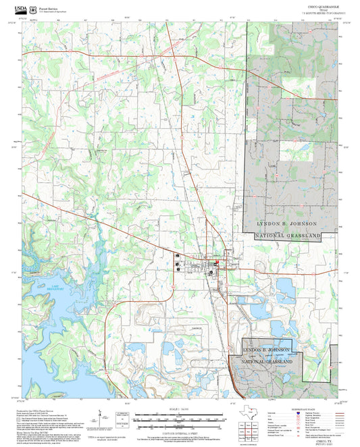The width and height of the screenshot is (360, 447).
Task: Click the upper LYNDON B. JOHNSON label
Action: click(289, 223)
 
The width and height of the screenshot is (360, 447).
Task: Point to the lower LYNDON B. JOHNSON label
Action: click(267, 350)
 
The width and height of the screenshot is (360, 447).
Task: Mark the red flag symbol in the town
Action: click(217, 262)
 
